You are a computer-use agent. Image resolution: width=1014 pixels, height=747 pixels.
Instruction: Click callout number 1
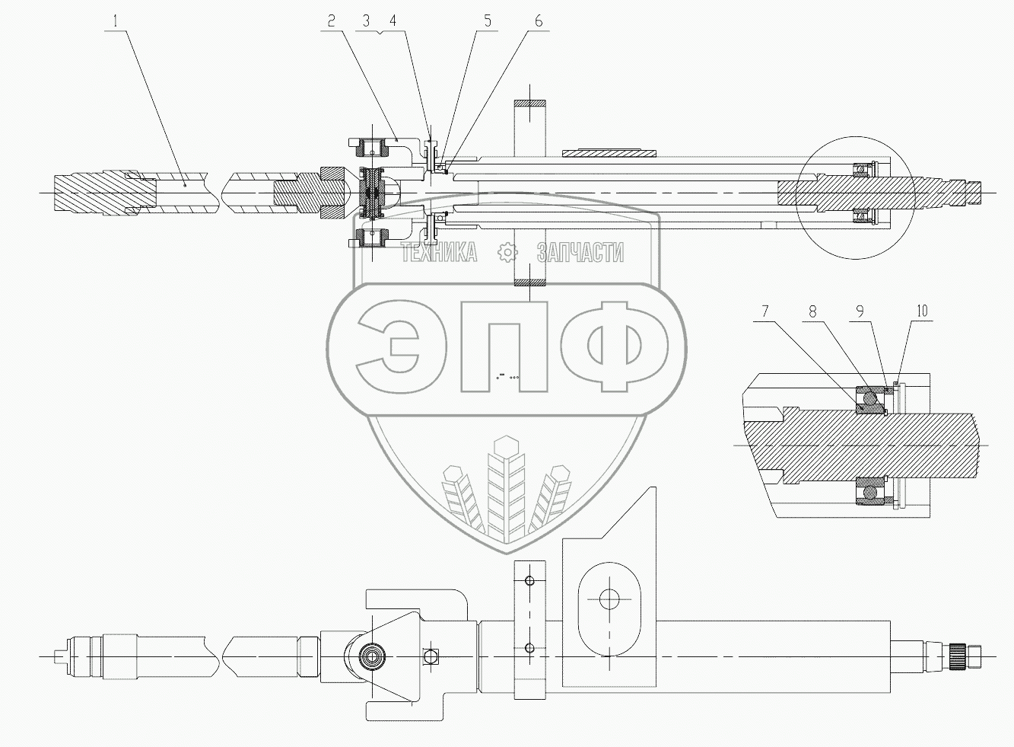coord(116,21)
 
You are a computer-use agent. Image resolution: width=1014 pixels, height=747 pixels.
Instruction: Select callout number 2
coord(332,21)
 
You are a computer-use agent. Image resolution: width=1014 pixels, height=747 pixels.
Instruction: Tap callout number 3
coord(366,21)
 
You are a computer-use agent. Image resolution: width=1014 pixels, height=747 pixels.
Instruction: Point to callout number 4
coord(393,21)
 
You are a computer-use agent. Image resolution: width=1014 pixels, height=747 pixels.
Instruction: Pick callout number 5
coord(488,21)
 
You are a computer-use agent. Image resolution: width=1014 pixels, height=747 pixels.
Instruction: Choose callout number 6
coord(539,21)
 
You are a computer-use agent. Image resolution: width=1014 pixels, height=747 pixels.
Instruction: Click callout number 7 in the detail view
coord(765,311)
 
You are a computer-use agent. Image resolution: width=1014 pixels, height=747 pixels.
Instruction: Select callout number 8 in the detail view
coord(813,311)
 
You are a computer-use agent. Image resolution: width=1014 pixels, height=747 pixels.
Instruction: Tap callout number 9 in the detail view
coord(860,311)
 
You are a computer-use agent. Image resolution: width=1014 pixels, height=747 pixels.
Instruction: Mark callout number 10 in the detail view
coord(922,311)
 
